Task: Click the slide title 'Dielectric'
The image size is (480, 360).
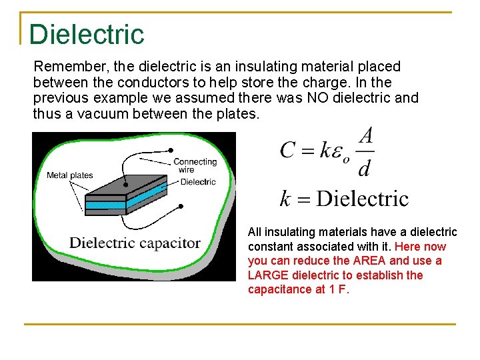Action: [87, 34]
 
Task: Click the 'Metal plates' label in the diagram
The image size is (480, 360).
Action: [69, 175]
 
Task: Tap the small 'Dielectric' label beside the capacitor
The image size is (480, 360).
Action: [198, 182]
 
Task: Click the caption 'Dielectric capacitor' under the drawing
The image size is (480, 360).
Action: [135, 243]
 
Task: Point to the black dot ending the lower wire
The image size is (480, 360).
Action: [181, 207]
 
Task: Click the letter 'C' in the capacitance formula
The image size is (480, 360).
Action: [288, 149]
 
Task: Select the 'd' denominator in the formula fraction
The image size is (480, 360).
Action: [365, 169]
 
